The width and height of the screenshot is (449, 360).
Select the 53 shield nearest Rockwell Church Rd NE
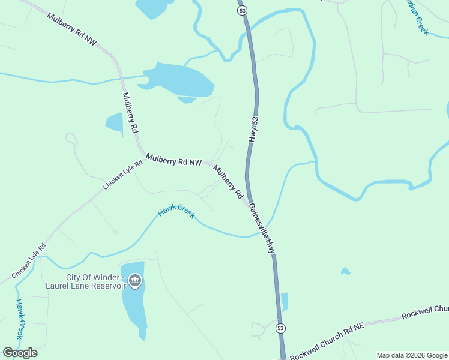[x=280, y=328]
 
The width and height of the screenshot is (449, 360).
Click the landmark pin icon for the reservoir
[x=135, y=281]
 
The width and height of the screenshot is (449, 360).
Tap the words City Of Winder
[x=93, y=277]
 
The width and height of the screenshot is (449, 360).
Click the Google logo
[x=20, y=353]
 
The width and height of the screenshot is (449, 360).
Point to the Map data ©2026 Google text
[x=412, y=355]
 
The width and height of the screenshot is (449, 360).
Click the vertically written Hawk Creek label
[x=20, y=319]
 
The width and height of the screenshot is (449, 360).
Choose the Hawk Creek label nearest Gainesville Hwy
[x=176, y=212]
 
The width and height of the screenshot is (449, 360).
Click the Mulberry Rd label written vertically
[x=130, y=113]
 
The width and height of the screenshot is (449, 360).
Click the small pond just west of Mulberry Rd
[x=114, y=122]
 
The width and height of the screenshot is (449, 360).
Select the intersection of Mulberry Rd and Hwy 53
[x=248, y=201]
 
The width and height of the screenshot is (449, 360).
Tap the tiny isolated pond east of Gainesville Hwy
[x=345, y=271]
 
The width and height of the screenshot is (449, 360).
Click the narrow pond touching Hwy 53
[x=284, y=301]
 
